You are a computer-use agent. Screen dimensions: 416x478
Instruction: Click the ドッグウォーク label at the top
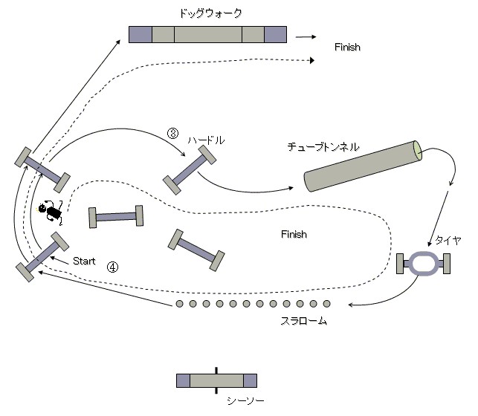[210, 13]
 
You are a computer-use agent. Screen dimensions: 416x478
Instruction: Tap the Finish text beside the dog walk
[347, 47]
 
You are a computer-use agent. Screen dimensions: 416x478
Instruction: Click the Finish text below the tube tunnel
[294, 234]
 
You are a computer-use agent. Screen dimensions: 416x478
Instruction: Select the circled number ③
[172, 134]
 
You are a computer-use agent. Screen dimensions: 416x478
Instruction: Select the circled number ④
[112, 266]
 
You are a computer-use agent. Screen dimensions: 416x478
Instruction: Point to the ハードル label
[206, 140]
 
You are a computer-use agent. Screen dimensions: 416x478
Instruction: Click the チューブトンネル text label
[323, 148]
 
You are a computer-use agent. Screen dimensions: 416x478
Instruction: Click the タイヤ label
[448, 239]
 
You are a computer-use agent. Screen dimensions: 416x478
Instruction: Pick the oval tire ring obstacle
[424, 264]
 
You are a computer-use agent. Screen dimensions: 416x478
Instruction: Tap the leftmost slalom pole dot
[179, 304]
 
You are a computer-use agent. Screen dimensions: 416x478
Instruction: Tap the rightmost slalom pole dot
[327, 304]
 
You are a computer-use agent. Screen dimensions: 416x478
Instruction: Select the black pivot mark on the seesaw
[216, 379]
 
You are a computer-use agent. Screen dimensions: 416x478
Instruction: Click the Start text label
[85, 261]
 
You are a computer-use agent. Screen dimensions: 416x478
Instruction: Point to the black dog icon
[52, 212]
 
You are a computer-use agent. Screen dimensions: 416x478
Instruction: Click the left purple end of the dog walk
[141, 34]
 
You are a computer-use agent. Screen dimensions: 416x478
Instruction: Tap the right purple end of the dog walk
[275, 34]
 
